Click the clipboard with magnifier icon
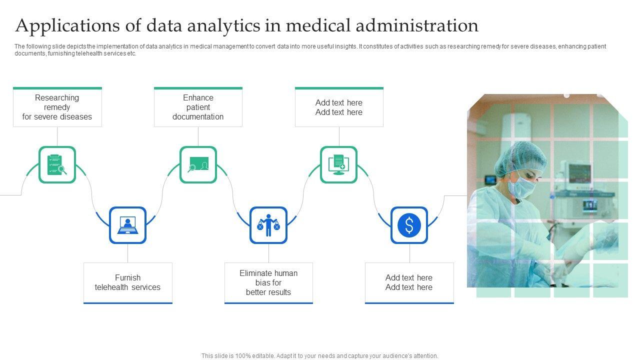coord(57,164)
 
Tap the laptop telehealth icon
coord(127,225)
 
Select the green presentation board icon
coord(198,164)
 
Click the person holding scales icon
coord(268,225)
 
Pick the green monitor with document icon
coord(338,164)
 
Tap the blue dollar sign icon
coord(409,225)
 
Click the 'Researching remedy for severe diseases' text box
coord(57,107)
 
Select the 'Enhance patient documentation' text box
coord(198,107)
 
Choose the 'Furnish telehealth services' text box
coord(127,282)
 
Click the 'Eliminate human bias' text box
coord(268,282)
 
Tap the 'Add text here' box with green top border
coord(339,107)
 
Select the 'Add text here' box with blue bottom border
coord(409,282)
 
